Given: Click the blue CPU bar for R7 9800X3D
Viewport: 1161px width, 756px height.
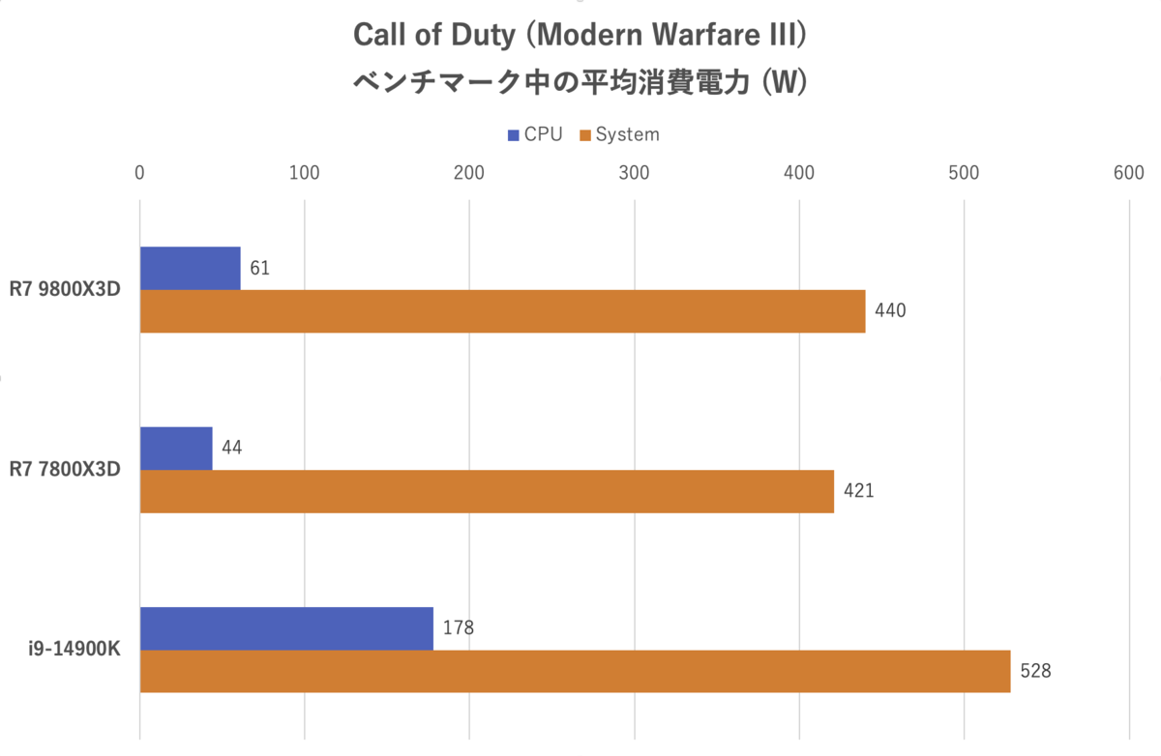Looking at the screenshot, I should tap(191, 268).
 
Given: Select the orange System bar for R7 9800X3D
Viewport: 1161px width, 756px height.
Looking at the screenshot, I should tap(502, 311).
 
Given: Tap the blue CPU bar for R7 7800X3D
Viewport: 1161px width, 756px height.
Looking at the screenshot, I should tap(176, 449).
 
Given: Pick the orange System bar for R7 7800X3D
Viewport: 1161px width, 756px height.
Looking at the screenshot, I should tap(487, 491).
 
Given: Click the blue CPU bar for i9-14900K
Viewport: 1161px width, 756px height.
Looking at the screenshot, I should tap(286, 628).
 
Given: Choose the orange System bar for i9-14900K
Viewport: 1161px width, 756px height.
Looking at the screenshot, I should tap(575, 671).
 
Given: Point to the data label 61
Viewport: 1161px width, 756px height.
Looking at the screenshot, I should tap(259, 268).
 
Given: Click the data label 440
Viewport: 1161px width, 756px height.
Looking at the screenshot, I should tap(890, 311).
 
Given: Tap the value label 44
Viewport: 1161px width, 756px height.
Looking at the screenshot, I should tap(232, 449).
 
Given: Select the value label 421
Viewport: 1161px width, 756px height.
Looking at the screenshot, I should tap(858, 491).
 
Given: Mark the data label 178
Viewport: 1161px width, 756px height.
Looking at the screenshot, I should tap(459, 628).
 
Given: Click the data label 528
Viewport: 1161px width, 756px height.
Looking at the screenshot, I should tap(1035, 671).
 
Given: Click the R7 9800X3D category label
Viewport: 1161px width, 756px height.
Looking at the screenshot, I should tap(66, 290).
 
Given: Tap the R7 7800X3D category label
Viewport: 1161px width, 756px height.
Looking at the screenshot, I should tap(66, 470).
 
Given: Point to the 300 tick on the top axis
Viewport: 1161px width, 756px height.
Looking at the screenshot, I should tap(635, 173).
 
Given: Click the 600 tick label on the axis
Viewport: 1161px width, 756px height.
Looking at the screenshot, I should tap(1129, 173).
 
